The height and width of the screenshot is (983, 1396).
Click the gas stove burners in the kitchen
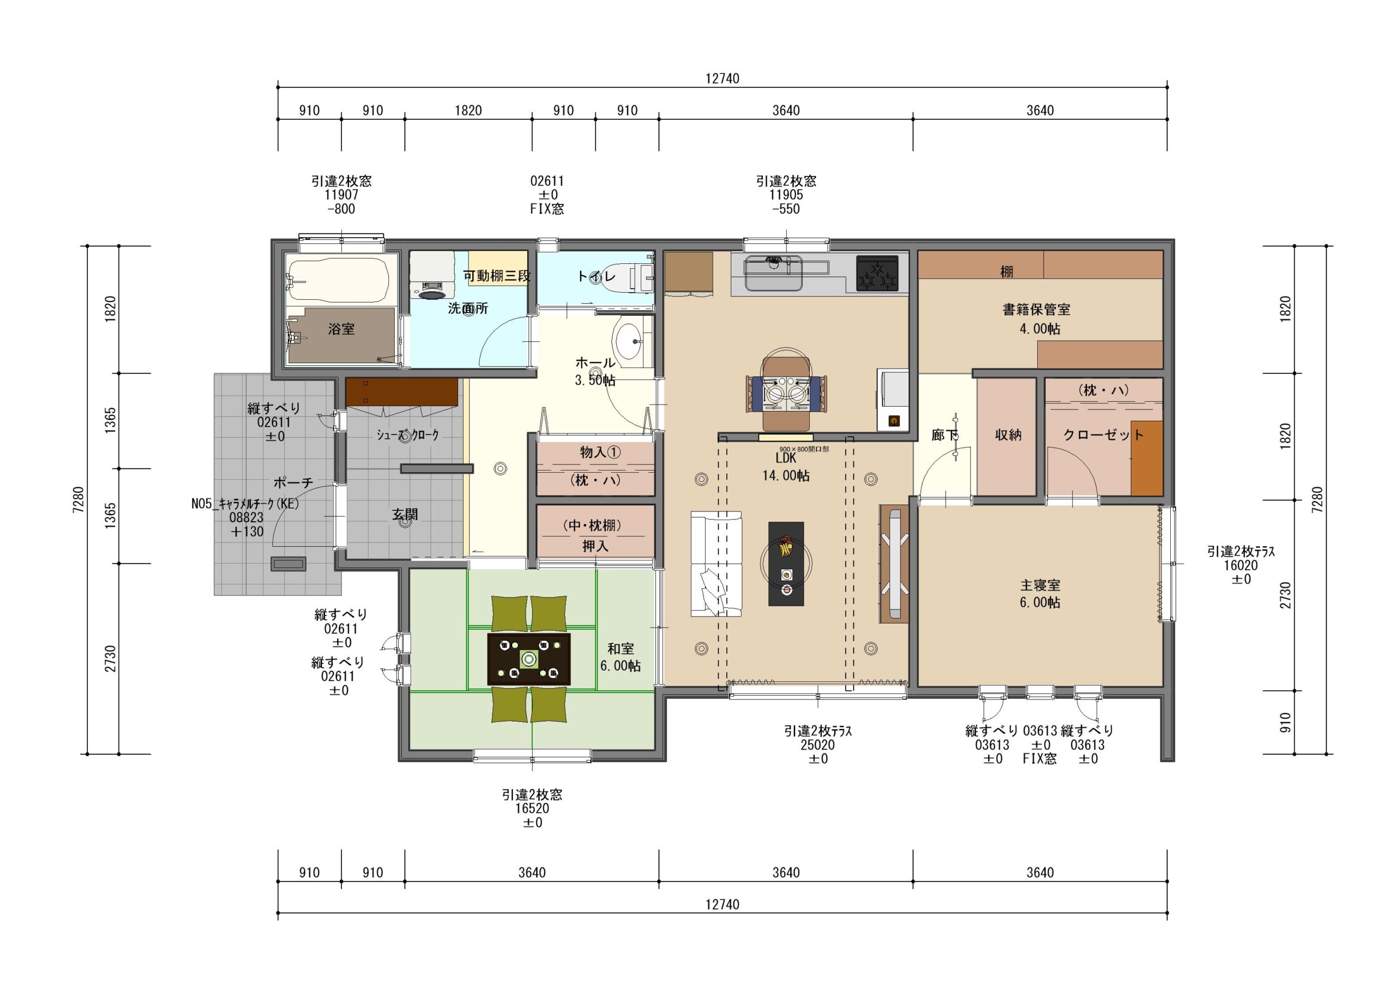(877, 274)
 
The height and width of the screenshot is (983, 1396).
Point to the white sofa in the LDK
(716, 564)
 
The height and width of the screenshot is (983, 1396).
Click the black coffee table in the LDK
(786, 564)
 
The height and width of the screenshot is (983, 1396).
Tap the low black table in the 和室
(528, 659)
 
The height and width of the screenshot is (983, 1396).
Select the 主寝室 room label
(1040, 585)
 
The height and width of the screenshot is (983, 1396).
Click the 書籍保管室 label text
(1036, 310)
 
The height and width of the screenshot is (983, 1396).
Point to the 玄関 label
(405, 515)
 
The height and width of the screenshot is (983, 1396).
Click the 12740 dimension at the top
(723, 79)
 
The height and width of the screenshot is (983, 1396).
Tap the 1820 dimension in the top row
(468, 111)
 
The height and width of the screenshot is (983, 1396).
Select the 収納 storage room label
(1008, 435)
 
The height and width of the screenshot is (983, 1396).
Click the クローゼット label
(1104, 435)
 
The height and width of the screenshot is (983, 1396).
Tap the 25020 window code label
(818, 745)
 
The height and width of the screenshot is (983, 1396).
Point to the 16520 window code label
(532, 809)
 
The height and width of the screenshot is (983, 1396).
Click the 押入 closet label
(595, 546)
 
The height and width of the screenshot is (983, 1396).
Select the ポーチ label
(293, 483)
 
